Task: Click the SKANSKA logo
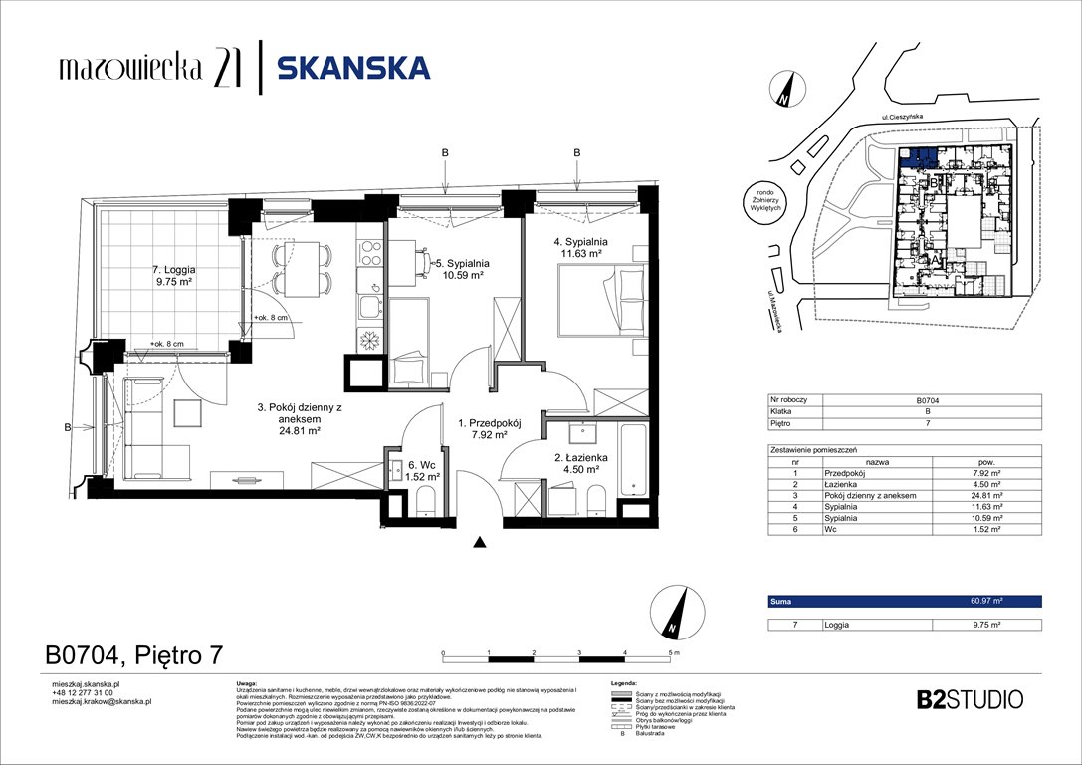click(x=352, y=68)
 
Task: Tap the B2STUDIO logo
click(x=968, y=699)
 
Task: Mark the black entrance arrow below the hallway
click(x=480, y=543)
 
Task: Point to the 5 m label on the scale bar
click(x=674, y=653)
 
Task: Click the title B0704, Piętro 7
click(x=134, y=655)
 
